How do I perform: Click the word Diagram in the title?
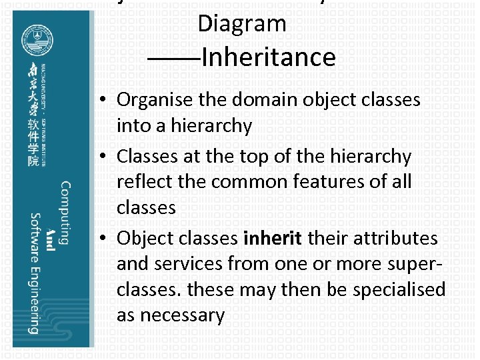(241, 24)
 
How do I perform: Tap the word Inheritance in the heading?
(267, 57)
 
